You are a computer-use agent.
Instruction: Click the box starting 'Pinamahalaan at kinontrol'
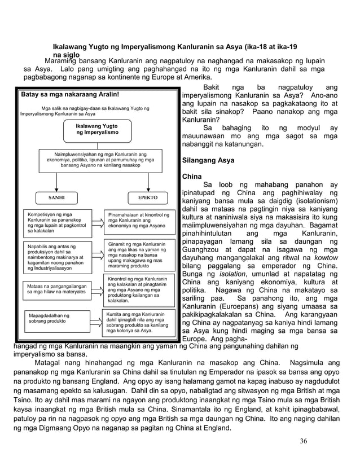pos(138,221)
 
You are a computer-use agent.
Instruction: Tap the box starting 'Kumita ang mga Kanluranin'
pos(138,322)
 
